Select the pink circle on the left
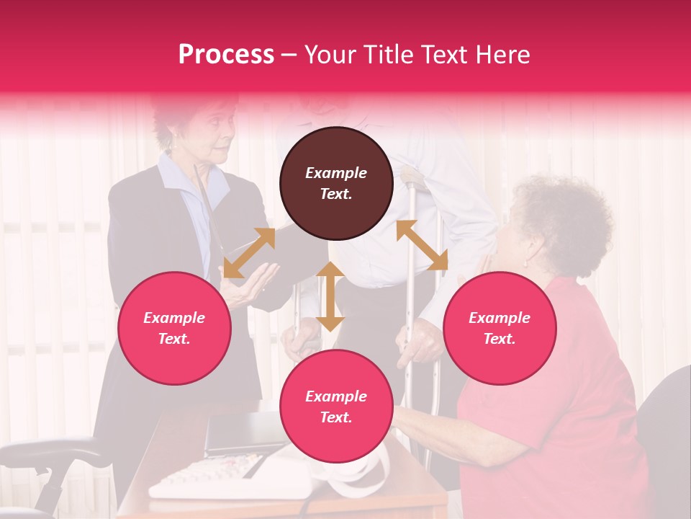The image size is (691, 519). click(x=174, y=328)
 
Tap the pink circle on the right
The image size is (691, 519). click(x=500, y=328)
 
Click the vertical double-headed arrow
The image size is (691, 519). click(x=330, y=296)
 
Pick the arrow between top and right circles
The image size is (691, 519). click(x=422, y=246)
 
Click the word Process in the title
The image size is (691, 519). click(x=226, y=55)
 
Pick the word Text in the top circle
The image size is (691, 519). click(x=335, y=194)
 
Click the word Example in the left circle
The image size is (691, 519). click(x=174, y=318)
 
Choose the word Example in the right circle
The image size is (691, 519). click(x=500, y=318)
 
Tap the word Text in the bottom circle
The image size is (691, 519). click(x=335, y=417)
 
